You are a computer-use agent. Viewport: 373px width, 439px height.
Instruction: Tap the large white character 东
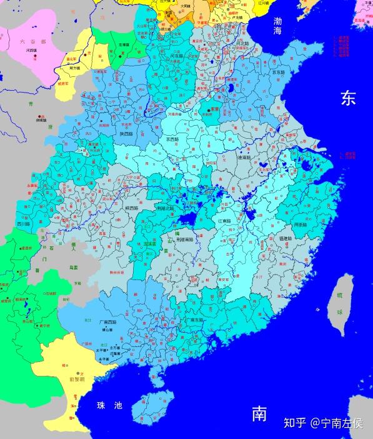[x=348, y=98]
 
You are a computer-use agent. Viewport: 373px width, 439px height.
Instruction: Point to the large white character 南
[x=261, y=413]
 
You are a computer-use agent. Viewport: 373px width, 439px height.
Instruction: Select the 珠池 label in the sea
[x=109, y=406]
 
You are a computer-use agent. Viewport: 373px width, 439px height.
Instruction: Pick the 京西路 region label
[x=172, y=139]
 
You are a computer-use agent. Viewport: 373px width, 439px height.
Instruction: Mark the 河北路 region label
[x=240, y=43]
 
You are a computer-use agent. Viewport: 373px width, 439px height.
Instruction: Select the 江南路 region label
[x=226, y=221]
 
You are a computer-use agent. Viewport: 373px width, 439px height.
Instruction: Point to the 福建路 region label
[x=287, y=238]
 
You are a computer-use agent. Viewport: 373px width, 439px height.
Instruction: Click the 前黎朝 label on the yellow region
[x=76, y=379]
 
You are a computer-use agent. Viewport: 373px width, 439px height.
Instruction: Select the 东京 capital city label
[x=214, y=108]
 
